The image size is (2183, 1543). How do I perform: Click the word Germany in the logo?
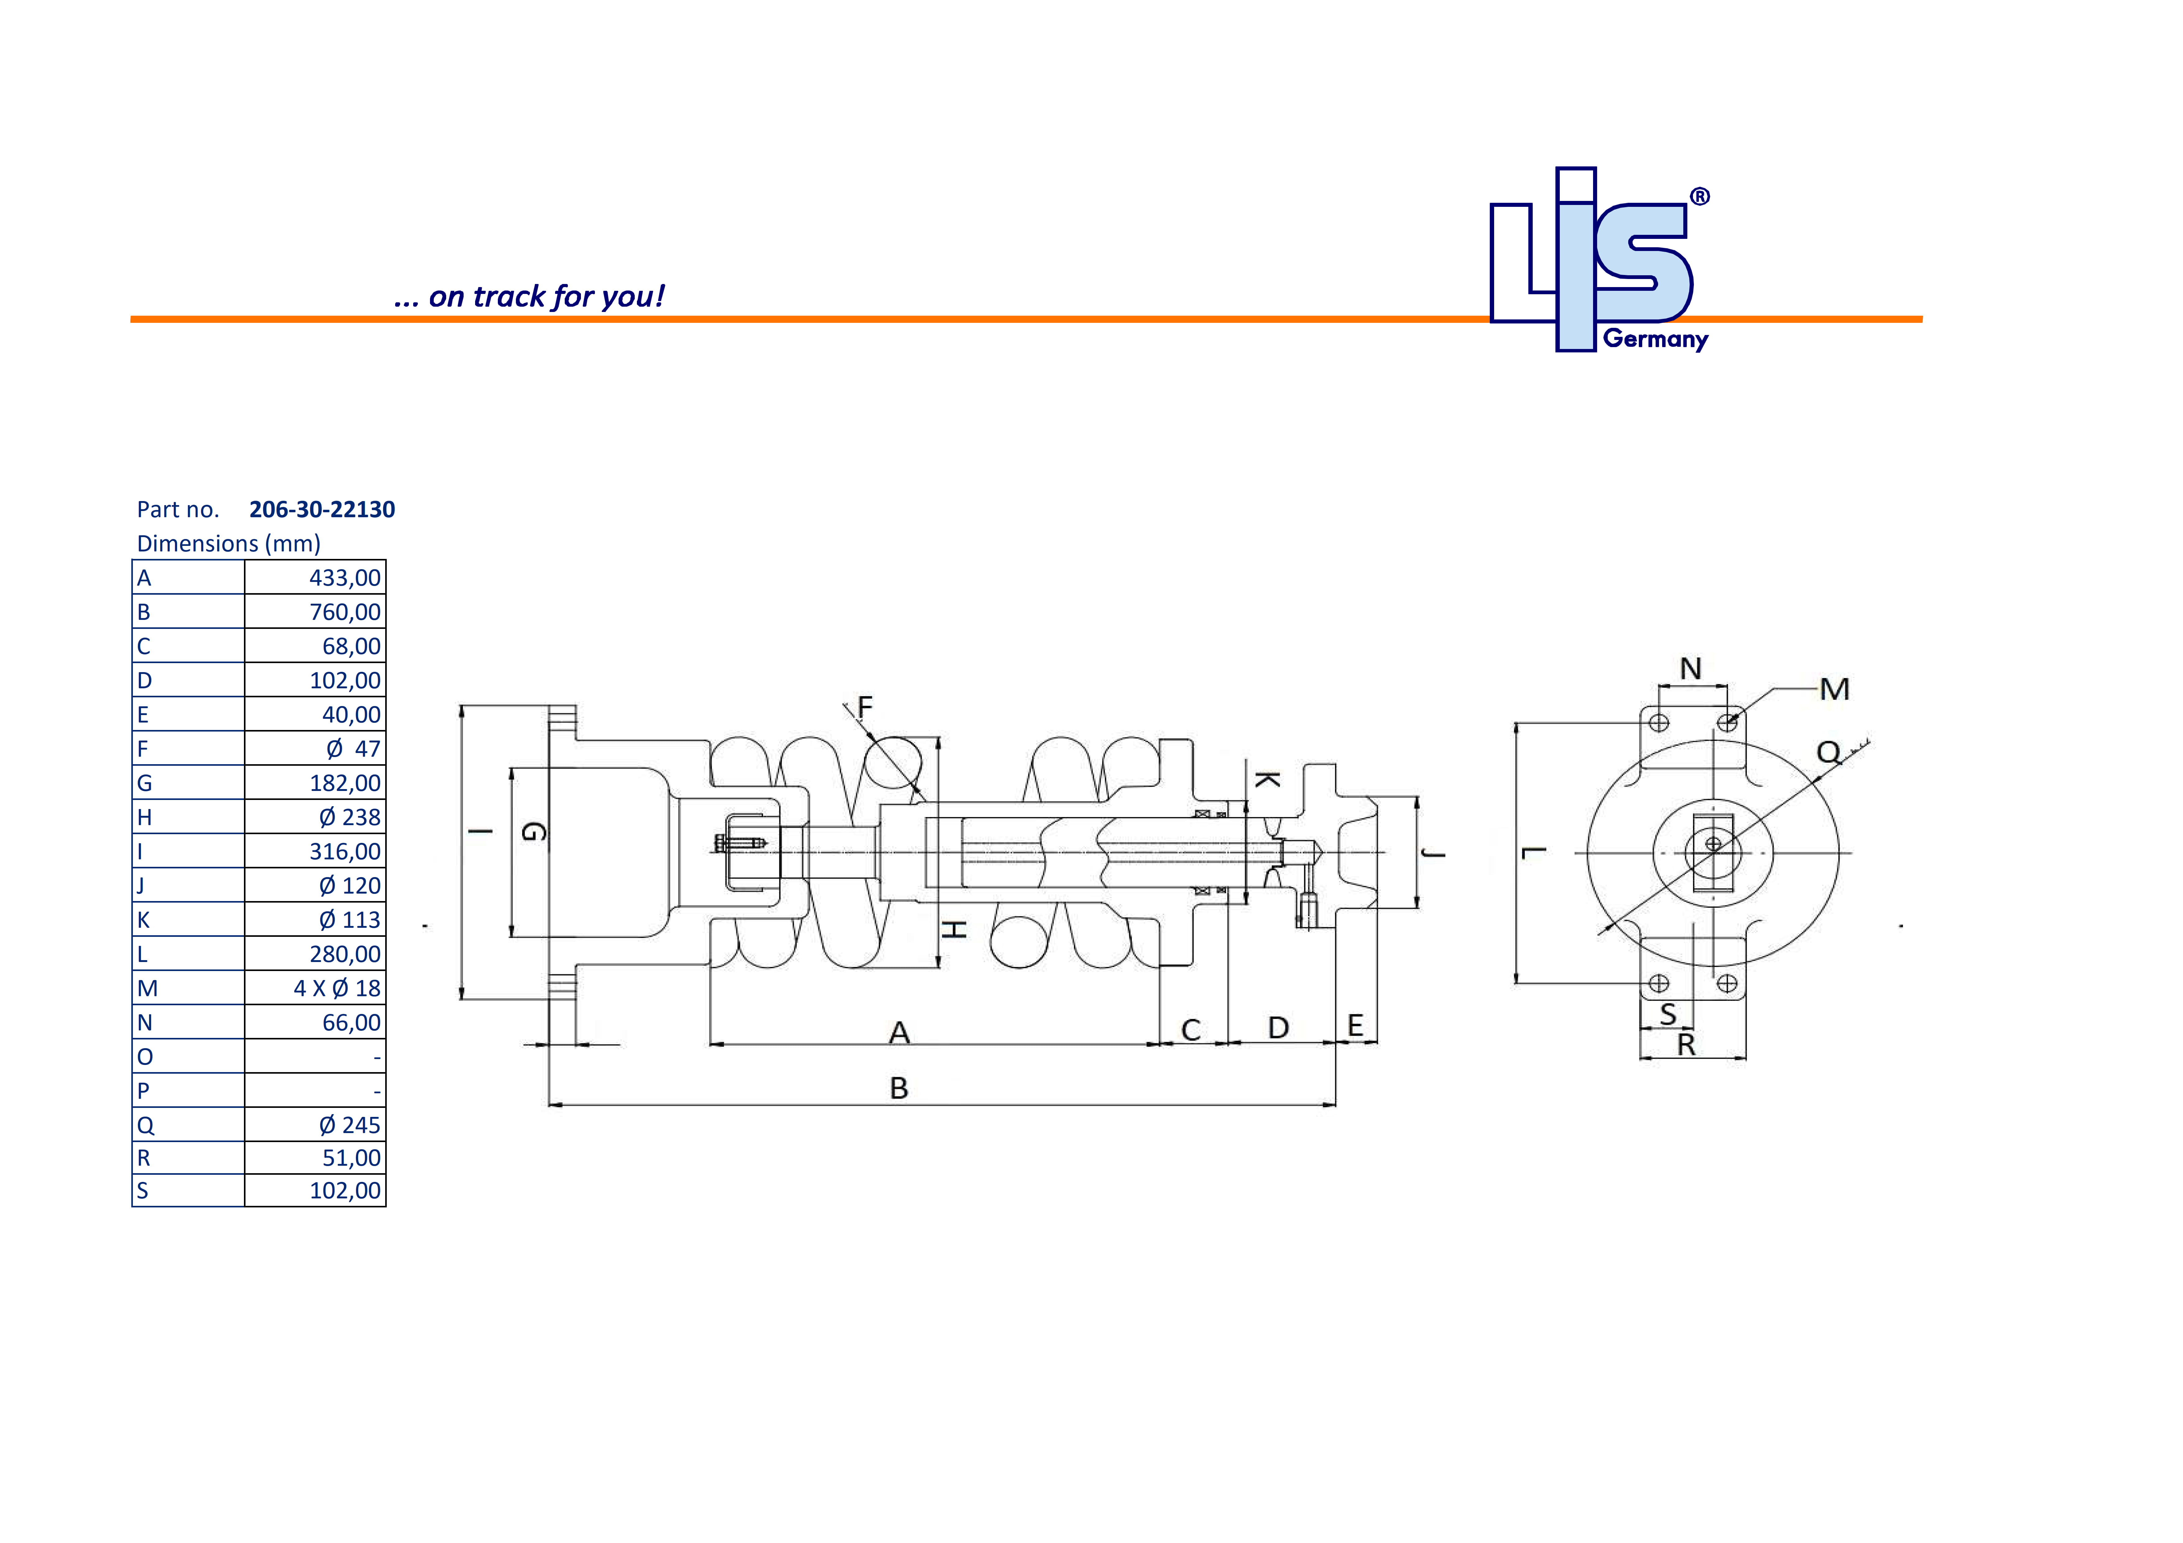click(x=1655, y=339)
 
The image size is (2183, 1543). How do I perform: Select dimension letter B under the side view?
click(x=899, y=1089)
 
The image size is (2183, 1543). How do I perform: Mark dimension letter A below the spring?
click(x=899, y=1033)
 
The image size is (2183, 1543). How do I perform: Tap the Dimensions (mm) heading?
click(x=228, y=544)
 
